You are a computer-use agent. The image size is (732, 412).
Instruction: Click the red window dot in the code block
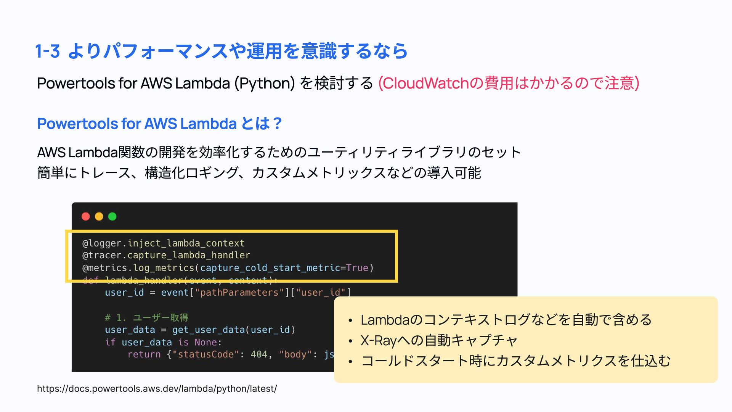click(x=86, y=217)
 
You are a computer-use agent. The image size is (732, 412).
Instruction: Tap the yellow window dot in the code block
click(x=99, y=217)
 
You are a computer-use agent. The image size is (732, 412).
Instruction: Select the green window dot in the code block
click(x=112, y=217)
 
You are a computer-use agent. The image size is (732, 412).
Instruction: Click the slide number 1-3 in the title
click(x=48, y=51)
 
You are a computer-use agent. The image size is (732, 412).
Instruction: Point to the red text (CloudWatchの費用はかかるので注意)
click(x=508, y=83)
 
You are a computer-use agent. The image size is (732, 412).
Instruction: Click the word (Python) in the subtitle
click(x=265, y=83)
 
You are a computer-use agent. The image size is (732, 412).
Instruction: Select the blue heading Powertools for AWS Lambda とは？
click(x=159, y=124)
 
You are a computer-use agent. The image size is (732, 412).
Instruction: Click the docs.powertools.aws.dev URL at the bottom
click(x=157, y=389)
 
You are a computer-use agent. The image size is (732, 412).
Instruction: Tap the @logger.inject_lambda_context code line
click(x=163, y=243)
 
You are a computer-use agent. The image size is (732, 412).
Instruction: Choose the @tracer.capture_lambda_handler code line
click(x=166, y=255)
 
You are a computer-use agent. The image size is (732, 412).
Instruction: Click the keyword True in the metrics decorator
click(x=357, y=268)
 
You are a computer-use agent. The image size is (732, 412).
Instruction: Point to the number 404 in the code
click(x=259, y=354)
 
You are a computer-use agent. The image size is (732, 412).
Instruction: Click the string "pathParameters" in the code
click(x=239, y=293)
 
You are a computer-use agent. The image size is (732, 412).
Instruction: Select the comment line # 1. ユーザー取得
click(x=146, y=317)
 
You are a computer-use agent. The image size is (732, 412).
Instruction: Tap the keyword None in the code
click(x=205, y=342)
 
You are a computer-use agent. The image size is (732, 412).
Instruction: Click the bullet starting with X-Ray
click(x=439, y=340)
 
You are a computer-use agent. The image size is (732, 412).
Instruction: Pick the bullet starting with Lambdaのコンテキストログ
click(x=506, y=320)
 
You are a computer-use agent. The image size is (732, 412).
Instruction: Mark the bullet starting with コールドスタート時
click(x=515, y=361)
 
